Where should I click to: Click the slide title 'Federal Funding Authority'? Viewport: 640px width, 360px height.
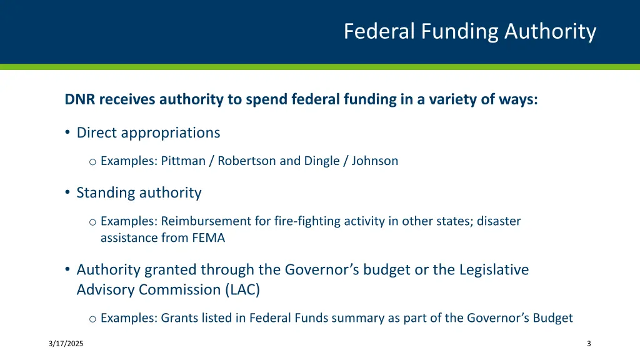[470, 31]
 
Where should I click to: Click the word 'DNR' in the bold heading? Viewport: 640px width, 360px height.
[79, 99]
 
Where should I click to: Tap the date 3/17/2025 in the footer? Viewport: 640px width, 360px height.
[66, 344]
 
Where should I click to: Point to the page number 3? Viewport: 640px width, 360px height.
[589, 344]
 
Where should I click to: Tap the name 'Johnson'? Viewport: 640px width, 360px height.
[374, 161]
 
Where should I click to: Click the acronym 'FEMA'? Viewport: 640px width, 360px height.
[209, 238]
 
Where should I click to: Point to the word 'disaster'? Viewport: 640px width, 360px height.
[499, 221]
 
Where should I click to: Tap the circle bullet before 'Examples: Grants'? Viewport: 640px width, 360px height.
[92, 319]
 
